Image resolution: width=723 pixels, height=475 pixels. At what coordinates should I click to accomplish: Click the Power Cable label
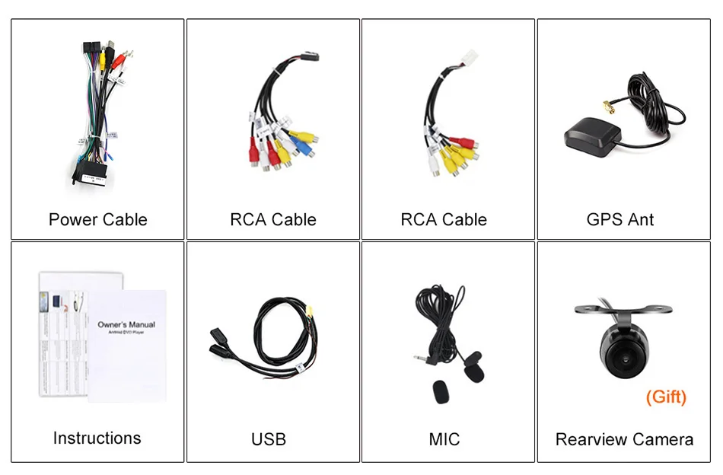pos(98,220)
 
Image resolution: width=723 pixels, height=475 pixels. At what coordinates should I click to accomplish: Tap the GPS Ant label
pos(620,220)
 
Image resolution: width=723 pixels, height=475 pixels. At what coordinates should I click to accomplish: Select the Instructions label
pos(97,438)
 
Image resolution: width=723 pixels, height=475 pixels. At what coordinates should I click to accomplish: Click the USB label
pos(269,439)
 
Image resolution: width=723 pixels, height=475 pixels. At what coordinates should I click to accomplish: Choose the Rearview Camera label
pos(624,439)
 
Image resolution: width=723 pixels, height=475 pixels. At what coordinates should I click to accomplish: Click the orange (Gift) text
pos(666,397)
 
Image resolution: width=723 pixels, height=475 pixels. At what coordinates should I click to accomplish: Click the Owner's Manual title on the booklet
pos(126,324)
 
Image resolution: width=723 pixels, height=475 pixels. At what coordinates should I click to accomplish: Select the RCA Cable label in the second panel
pos(273,220)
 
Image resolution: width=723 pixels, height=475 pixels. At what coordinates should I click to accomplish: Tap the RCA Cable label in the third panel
pos(444,220)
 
